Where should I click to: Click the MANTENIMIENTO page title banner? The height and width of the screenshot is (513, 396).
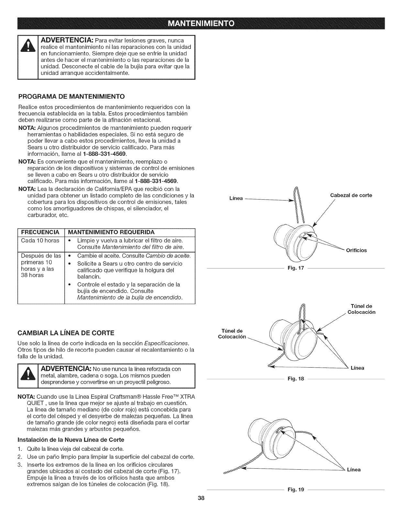[198, 24]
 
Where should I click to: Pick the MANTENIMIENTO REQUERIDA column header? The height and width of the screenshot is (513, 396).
[116, 232]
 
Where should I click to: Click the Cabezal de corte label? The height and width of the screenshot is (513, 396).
[351, 195]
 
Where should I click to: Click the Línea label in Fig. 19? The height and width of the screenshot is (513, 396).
[354, 470]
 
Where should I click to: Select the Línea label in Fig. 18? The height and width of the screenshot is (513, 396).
[357, 368]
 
